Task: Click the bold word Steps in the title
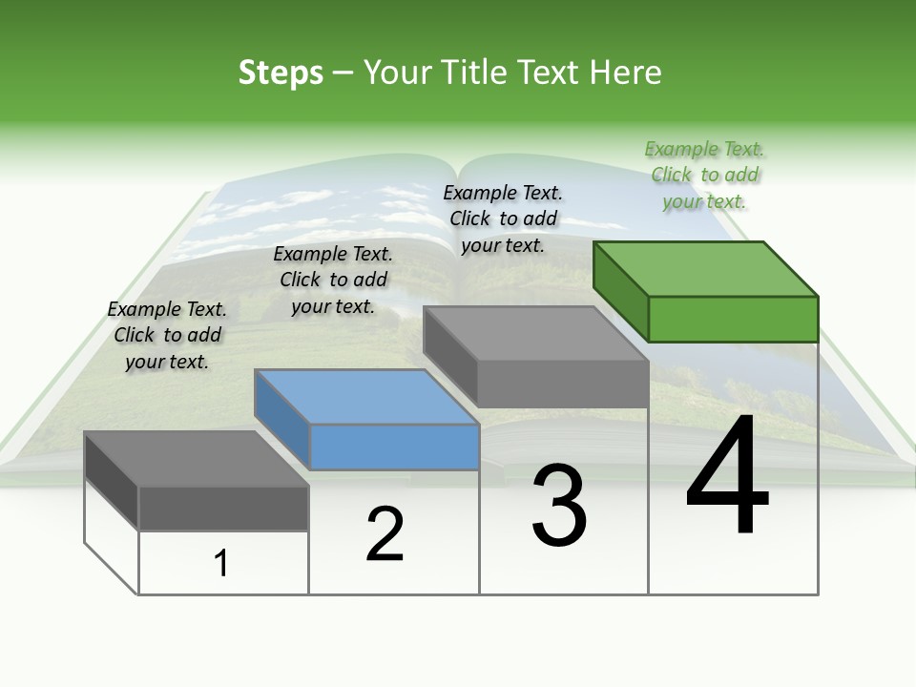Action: (281, 73)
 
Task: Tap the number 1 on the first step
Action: (221, 564)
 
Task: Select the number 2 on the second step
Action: (385, 534)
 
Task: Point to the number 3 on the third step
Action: (559, 507)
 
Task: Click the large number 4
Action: (727, 476)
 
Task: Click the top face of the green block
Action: (706, 268)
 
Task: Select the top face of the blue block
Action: (366, 396)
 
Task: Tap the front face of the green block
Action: (733, 319)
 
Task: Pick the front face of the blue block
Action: (394, 447)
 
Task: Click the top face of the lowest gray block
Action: (197, 458)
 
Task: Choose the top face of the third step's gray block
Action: (536, 334)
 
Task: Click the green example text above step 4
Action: (704, 176)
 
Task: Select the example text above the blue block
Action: (333, 280)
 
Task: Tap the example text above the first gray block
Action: (167, 335)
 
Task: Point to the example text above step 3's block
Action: (503, 219)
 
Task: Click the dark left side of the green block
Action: (620, 290)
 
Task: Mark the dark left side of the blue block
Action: (282, 419)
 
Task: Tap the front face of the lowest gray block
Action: (223, 509)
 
